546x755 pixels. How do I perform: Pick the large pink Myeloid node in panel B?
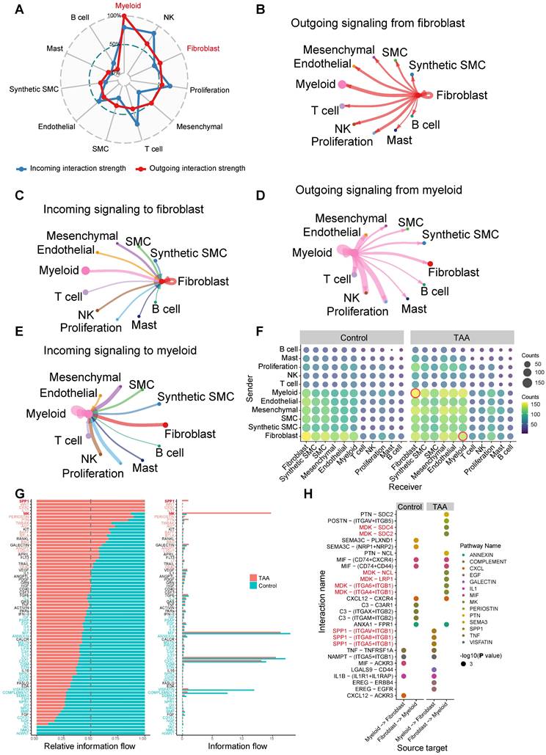341,85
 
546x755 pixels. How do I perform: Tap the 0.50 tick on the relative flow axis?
90,737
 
